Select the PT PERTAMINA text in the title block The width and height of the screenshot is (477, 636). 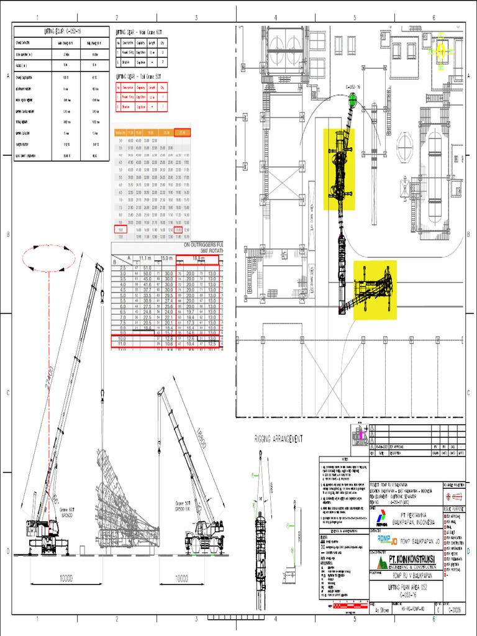(404, 515)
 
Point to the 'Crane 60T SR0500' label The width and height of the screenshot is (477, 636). (66, 512)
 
